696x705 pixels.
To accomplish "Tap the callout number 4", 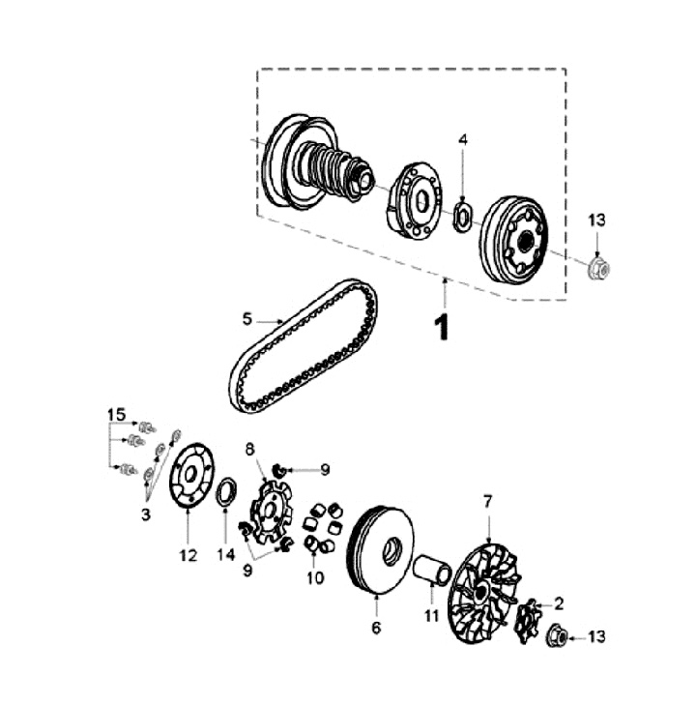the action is tap(463, 140).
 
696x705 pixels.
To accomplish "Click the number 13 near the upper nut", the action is tap(597, 220).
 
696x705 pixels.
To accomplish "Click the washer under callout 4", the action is tap(464, 215).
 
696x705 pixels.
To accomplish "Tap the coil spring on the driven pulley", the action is tap(330, 168).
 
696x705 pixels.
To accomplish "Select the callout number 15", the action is tap(116, 415).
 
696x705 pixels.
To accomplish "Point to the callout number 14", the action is tap(226, 555).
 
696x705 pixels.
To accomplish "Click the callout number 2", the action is tap(558, 603).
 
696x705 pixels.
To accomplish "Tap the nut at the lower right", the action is tap(558, 636).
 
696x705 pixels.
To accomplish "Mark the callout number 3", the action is tap(146, 514).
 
